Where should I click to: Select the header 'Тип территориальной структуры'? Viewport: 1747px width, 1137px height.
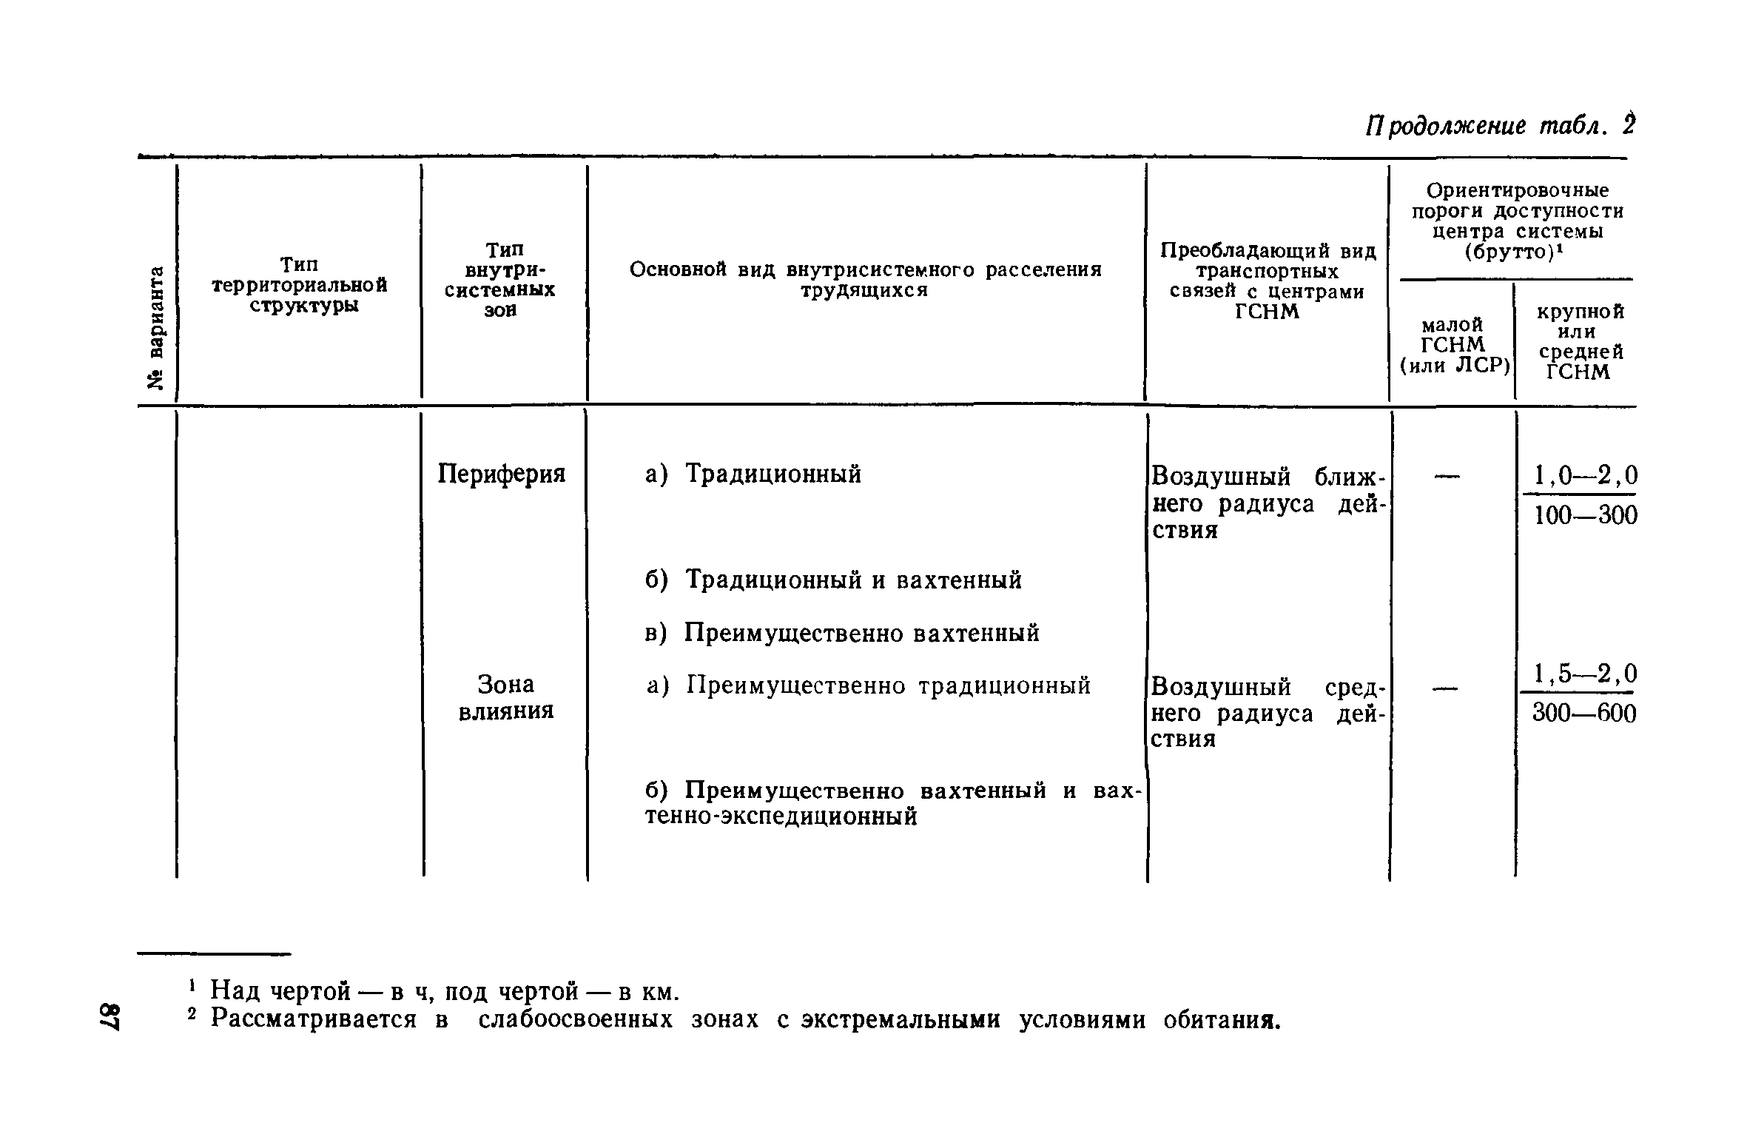[x=300, y=285]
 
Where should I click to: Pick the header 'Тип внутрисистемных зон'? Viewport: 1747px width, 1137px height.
[x=500, y=280]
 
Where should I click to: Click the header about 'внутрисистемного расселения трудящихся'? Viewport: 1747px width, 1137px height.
[x=865, y=280]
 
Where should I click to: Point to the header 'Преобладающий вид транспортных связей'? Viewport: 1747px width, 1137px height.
[x=1268, y=281]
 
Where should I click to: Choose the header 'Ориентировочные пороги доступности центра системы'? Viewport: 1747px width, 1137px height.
[x=1517, y=221]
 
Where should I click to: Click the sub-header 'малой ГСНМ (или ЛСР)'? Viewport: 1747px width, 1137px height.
[x=1454, y=345]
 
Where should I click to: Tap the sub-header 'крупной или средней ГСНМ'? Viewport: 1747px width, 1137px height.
[x=1581, y=341]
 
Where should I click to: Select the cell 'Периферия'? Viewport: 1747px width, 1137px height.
[x=502, y=474]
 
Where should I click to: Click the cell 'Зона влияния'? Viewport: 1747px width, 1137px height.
[x=506, y=697]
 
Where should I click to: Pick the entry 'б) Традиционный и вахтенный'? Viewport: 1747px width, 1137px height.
[x=833, y=580]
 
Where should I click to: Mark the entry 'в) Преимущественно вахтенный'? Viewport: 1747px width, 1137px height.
[x=842, y=634]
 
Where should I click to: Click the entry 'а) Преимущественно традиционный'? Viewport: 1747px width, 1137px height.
[x=869, y=686]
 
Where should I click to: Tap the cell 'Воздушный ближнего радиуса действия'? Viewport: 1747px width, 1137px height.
[x=1267, y=503]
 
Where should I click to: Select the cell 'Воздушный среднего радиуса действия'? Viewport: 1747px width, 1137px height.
[x=1267, y=713]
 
